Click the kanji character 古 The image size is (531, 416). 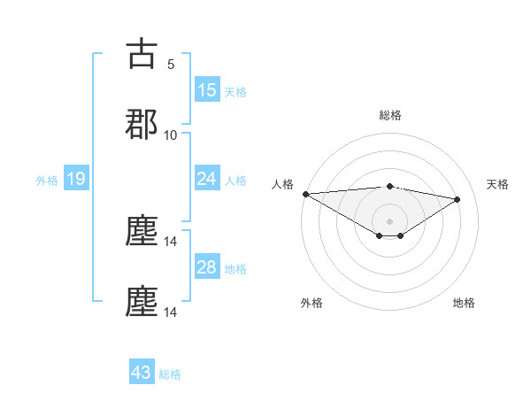tap(142, 55)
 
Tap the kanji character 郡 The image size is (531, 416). tap(142, 125)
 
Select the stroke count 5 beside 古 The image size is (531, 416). tap(171, 65)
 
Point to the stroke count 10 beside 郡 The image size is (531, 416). tap(171, 135)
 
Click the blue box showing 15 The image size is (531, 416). tap(207, 90)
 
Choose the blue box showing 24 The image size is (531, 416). tap(207, 179)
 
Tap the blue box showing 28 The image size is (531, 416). tap(207, 267)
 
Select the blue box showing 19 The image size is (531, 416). tap(76, 180)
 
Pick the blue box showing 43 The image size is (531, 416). tap(142, 373)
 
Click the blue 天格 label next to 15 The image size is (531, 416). tap(235, 91)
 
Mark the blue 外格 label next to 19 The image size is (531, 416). tap(47, 181)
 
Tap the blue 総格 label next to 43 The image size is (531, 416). tap(170, 374)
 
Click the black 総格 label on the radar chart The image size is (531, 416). tap(389, 115)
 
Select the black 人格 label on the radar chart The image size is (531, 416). tap(282, 184)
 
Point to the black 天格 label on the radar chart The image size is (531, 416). tap(497, 184)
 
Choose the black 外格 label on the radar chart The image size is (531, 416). tap(312, 303)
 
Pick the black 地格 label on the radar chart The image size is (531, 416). tap(464, 303)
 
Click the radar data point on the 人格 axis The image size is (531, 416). tap(305, 194)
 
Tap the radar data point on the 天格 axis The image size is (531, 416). tap(458, 199)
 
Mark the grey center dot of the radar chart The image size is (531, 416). tap(389, 220)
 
